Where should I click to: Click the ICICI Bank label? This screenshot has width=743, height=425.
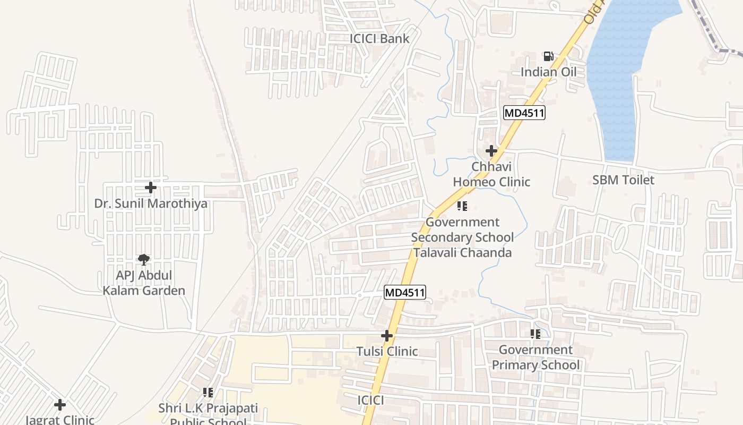[379, 38]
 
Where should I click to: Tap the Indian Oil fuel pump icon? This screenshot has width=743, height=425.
[548, 56]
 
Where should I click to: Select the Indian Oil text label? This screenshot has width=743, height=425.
[548, 72]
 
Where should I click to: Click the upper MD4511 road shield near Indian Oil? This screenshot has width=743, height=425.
[524, 113]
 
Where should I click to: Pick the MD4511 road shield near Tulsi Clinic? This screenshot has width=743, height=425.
[405, 292]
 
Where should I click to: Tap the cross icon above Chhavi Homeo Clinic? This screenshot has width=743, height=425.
[491, 151]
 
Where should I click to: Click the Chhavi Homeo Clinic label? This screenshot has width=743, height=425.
[491, 174]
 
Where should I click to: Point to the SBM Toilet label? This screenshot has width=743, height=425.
[623, 180]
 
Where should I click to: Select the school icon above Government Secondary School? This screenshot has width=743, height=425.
[462, 206]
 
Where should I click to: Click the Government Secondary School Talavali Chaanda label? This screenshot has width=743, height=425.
[462, 237]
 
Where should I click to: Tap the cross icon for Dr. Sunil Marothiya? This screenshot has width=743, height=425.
[151, 188]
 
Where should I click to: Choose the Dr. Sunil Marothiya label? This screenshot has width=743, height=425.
[151, 203]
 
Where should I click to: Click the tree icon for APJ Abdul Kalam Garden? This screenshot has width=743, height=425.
[143, 260]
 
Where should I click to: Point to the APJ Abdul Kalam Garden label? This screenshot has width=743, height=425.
[144, 283]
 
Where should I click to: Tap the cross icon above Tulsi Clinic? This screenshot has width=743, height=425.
[387, 336]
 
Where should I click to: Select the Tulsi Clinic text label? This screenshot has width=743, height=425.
[387, 352]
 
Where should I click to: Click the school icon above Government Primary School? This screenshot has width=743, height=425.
[535, 334]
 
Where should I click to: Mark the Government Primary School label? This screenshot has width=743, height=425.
[535, 358]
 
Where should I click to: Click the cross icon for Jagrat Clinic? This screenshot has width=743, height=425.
[60, 405]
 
